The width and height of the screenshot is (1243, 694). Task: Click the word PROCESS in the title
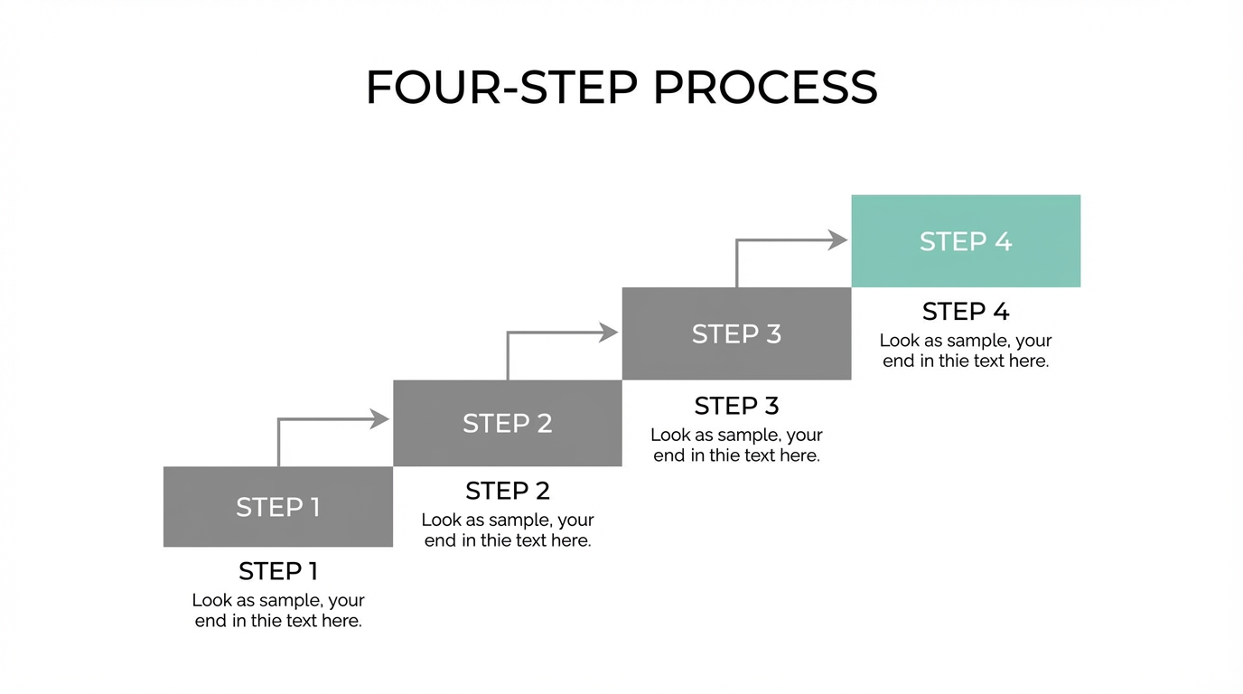point(764,88)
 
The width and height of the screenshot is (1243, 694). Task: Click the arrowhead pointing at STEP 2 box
point(379,418)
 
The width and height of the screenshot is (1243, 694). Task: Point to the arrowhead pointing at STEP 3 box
point(609,333)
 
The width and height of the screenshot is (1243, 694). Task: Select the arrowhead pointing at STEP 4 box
point(838,239)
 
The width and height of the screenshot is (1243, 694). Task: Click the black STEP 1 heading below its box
point(278,571)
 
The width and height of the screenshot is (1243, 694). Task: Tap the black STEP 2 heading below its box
point(508,491)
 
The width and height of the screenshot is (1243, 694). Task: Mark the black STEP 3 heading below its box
point(736,405)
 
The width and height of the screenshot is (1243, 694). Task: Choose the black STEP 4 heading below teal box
point(966,312)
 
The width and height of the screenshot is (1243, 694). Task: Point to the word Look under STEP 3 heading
point(669,435)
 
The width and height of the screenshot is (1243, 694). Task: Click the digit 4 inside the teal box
point(1003,241)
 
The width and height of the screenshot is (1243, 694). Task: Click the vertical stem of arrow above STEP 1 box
point(279,445)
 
